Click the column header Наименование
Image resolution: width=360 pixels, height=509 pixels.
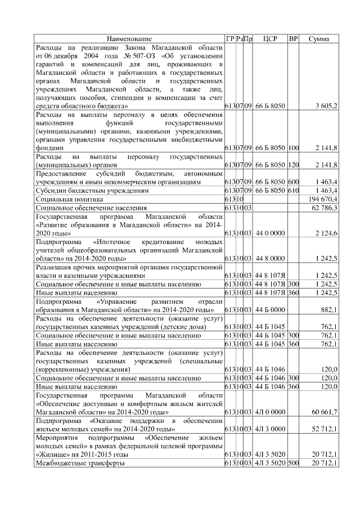point(129,39)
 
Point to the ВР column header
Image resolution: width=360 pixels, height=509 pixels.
point(293,39)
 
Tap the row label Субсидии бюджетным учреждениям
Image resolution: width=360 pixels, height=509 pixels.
point(92,191)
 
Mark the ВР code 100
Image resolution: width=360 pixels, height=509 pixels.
point(293,147)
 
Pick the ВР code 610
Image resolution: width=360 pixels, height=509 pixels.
point(293,191)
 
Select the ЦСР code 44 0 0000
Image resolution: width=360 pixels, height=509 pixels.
point(270,232)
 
